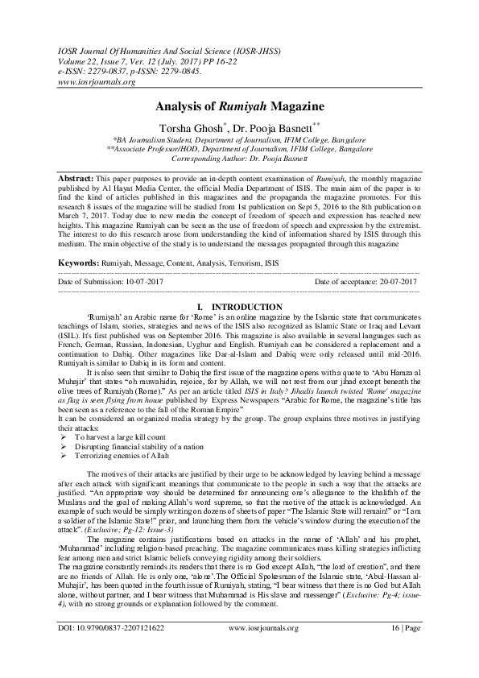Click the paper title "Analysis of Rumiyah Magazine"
pos(239,106)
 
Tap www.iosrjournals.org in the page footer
pos(263,649)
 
